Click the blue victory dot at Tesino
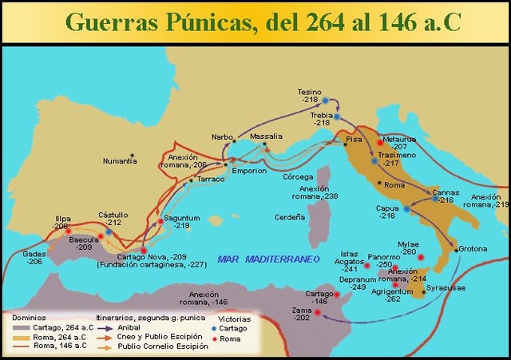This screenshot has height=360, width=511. tap(325, 101)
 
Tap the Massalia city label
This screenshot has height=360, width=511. tap(266, 136)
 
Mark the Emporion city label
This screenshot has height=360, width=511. tap(248, 170)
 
